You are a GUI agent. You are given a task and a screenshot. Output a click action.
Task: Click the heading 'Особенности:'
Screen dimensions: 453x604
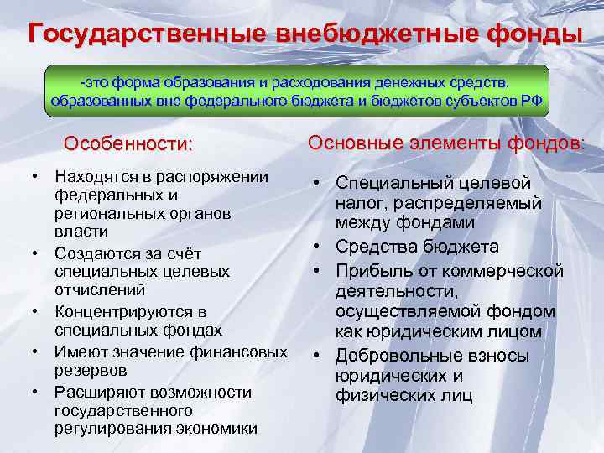pyautogui.click(x=128, y=143)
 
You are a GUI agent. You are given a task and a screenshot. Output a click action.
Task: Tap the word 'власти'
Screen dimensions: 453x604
pyautogui.click(x=80, y=232)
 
